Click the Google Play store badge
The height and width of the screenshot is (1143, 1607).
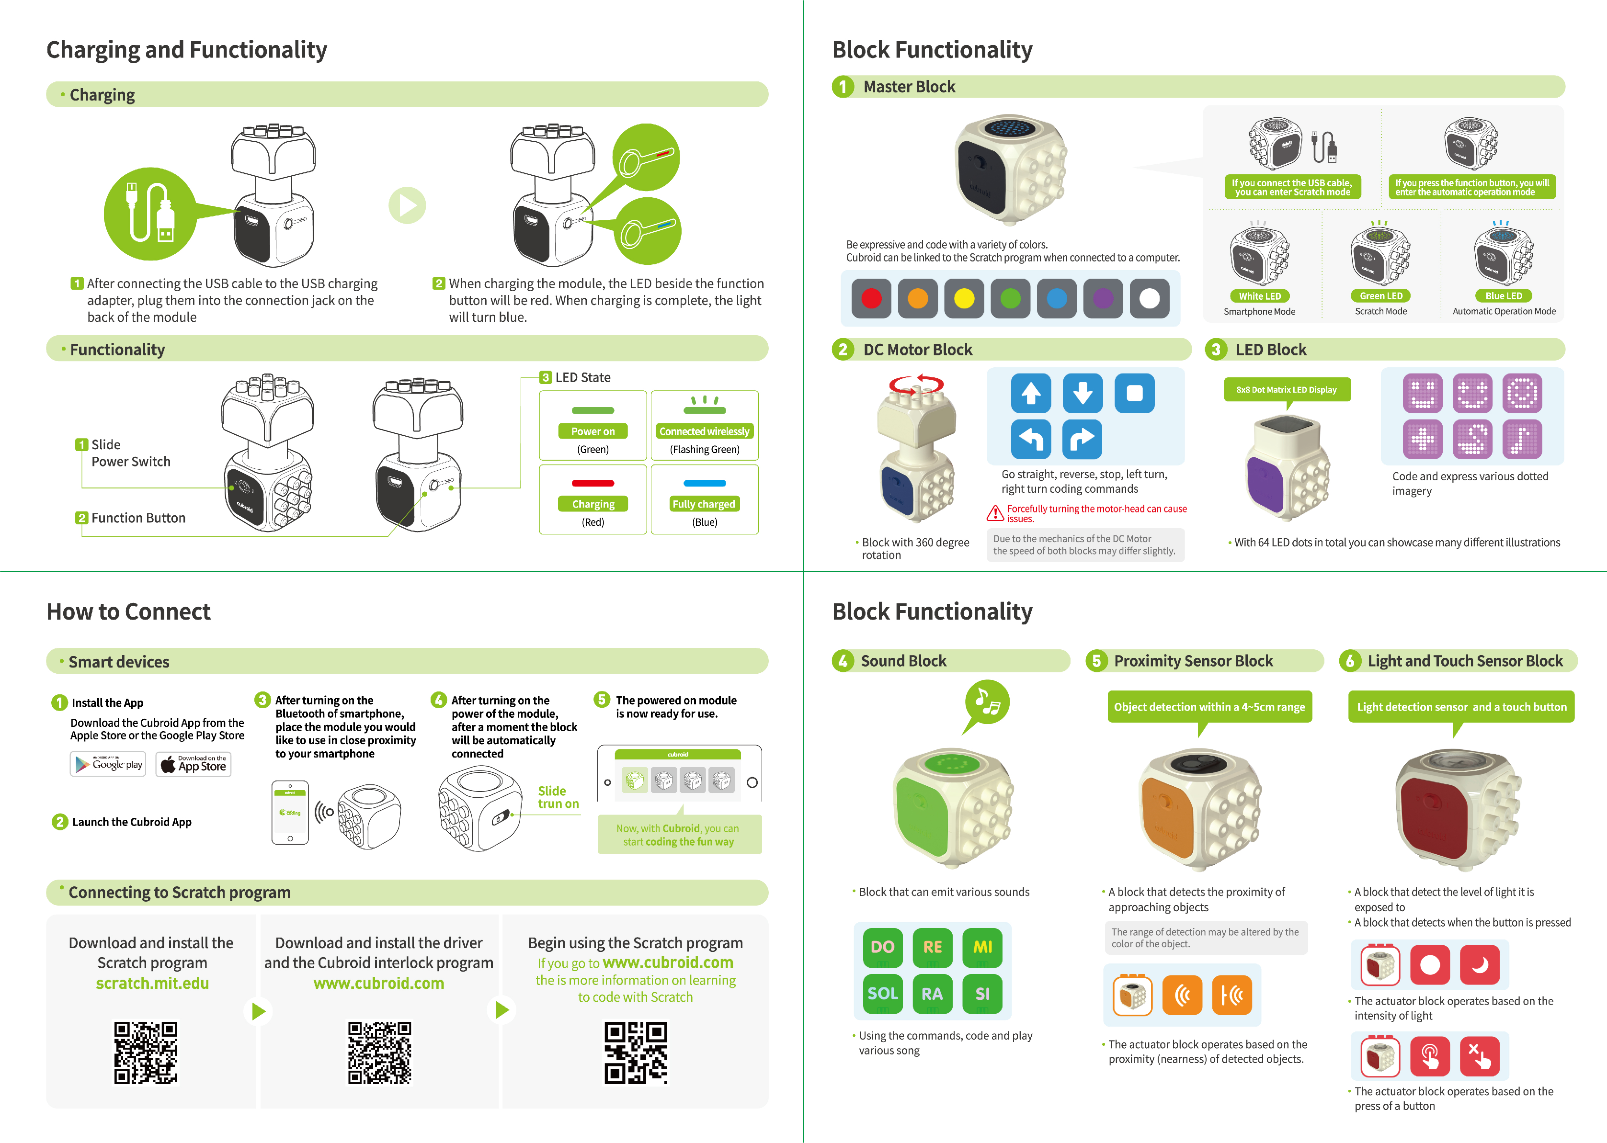(x=108, y=764)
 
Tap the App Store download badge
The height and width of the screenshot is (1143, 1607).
(x=194, y=764)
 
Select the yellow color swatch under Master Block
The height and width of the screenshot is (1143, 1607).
(x=964, y=298)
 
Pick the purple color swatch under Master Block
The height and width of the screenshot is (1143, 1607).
(x=1103, y=298)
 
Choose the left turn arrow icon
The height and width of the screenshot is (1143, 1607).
(x=1031, y=439)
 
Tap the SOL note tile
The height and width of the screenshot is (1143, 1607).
(x=883, y=993)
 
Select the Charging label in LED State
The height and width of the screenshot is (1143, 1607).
(x=593, y=504)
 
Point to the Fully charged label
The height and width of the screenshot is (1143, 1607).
(x=704, y=504)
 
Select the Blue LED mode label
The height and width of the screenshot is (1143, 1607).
(x=1504, y=296)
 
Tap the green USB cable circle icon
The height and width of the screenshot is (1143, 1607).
(x=150, y=214)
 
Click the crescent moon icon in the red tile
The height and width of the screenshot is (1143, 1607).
(x=1480, y=964)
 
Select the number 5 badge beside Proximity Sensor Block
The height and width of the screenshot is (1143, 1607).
(x=1096, y=661)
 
